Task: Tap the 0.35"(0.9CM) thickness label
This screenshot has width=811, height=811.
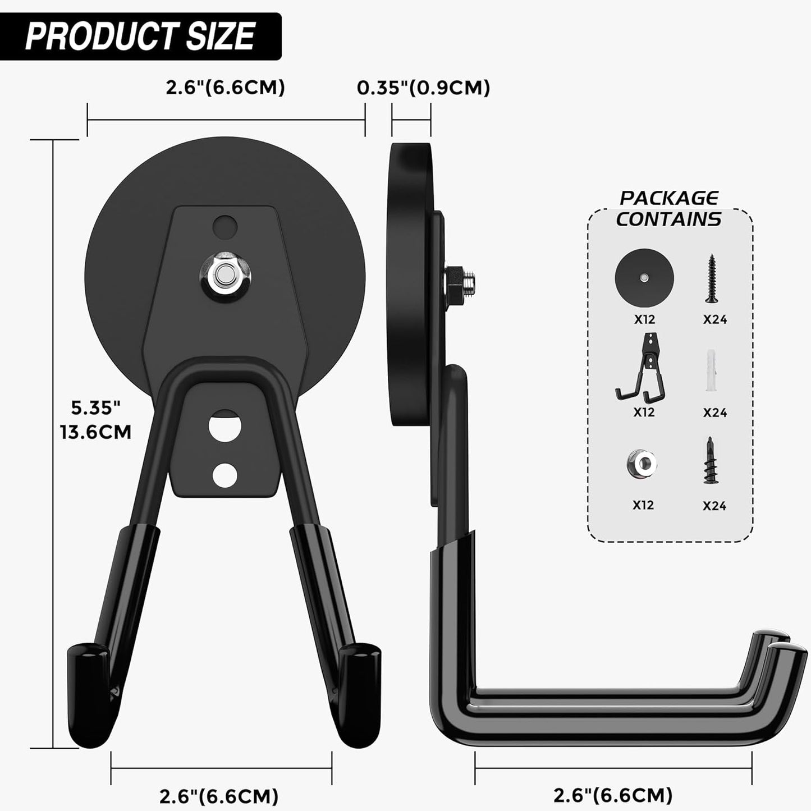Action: point(423,88)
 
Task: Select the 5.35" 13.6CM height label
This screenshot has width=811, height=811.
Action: point(96,419)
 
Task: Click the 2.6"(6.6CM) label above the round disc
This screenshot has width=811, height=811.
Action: point(225,88)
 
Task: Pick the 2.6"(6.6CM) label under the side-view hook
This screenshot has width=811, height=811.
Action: point(613,795)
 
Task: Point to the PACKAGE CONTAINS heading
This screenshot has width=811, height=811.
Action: point(668,208)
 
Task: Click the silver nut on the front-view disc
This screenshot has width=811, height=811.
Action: point(224,276)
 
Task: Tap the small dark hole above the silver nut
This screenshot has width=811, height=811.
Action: point(224,227)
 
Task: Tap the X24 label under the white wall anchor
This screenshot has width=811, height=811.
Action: point(714,413)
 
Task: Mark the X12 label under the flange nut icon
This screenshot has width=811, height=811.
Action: point(643,505)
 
